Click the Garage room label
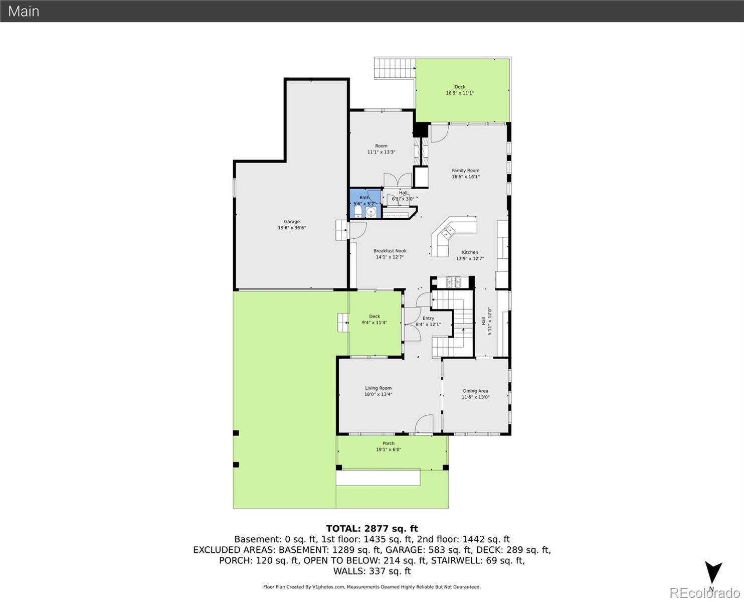point(292,222)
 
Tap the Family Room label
point(465,171)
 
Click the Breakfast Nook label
point(390,251)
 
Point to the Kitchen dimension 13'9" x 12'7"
point(470,259)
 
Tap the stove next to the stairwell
point(453,282)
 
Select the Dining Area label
point(475,391)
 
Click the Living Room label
point(378,388)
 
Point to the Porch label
point(389,443)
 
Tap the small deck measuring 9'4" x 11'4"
point(375,320)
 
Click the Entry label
point(428,318)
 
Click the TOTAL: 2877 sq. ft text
point(371,528)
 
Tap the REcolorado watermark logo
point(704,593)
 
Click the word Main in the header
point(24,11)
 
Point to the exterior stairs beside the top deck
point(394,68)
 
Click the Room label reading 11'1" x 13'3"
point(381,146)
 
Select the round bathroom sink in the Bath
point(371,213)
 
